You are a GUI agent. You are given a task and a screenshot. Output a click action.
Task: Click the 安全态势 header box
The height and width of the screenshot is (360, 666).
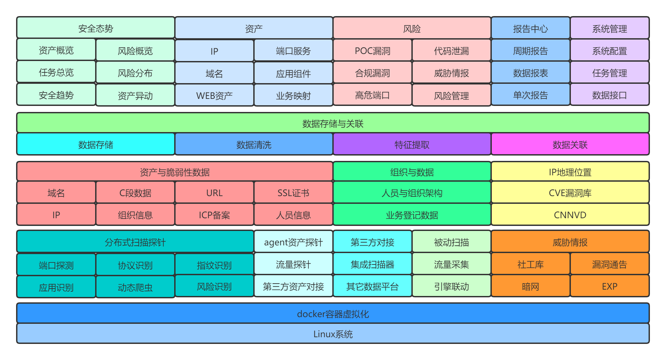tap(95, 28)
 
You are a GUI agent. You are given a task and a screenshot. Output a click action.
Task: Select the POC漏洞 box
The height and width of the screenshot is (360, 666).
tap(372, 50)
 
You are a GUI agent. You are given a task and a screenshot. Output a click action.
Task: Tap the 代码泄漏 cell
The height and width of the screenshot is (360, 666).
tap(451, 51)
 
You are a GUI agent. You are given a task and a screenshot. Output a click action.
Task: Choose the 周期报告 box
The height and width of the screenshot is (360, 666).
tap(530, 50)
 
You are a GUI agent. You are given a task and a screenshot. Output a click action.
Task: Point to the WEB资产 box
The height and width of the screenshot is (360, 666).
tap(214, 95)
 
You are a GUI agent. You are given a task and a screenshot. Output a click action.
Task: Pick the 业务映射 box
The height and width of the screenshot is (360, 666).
tap(293, 95)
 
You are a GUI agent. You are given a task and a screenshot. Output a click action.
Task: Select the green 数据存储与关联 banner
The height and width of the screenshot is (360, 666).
tap(333, 123)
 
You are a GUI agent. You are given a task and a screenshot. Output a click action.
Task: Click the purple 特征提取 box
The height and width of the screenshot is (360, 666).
tap(412, 144)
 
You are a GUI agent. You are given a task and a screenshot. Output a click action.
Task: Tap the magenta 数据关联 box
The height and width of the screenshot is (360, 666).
tap(570, 144)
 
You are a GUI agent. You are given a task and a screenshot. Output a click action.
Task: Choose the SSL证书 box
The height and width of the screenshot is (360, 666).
tap(293, 192)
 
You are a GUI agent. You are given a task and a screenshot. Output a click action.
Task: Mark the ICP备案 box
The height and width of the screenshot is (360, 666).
tap(214, 215)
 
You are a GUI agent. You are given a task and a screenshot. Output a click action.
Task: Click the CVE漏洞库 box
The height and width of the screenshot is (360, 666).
tap(570, 192)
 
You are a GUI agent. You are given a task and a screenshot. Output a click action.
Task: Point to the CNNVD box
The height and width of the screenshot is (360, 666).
tap(570, 215)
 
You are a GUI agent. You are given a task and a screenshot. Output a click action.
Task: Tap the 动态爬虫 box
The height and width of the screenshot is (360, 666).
tap(135, 287)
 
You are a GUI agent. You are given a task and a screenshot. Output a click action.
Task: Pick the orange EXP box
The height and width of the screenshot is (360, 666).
tap(609, 286)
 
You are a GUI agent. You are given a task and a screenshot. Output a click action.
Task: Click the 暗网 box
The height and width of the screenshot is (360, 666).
tap(530, 286)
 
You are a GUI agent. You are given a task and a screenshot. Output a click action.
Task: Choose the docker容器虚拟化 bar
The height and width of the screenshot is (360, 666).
tap(333, 313)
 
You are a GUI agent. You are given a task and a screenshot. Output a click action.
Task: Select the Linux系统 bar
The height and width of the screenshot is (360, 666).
tap(333, 334)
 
